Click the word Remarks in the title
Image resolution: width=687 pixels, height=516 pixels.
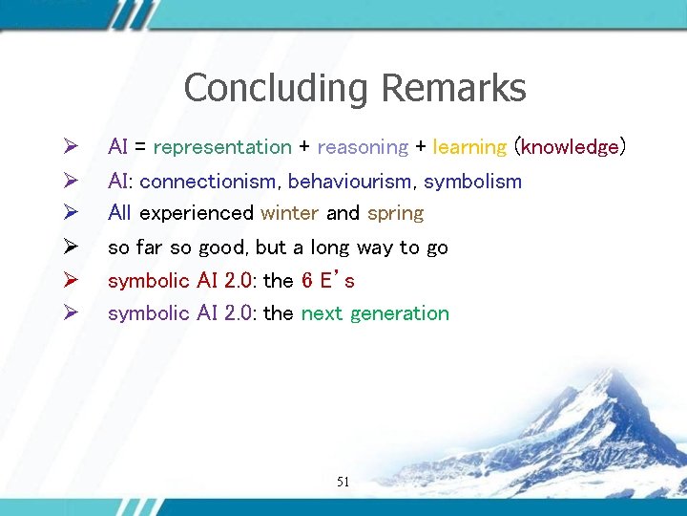click(x=452, y=88)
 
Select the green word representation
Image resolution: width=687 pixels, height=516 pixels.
click(x=221, y=147)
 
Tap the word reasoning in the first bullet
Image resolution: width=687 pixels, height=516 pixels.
click(x=362, y=147)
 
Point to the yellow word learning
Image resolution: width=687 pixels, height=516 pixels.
click(x=469, y=147)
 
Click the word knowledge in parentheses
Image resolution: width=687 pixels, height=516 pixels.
click(x=570, y=147)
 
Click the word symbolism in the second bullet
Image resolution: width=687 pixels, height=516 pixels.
click(x=472, y=181)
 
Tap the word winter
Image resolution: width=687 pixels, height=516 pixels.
click(x=289, y=212)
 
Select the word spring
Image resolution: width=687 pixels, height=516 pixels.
click(x=395, y=213)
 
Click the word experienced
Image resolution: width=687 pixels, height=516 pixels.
click(x=196, y=212)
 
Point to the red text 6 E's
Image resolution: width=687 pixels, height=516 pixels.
click(x=327, y=280)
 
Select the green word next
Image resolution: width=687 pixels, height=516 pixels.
click(x=322, y=313)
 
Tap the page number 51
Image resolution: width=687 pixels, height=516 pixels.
click(x=343, y=483)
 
